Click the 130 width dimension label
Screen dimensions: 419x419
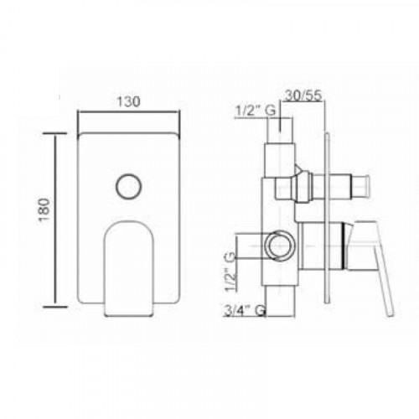(128, 102)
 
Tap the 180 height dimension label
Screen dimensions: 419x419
(44, 209)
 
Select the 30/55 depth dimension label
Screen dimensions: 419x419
(303, 96)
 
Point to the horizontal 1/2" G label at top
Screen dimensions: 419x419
(256, 111)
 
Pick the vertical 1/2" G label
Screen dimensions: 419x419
(230, 272)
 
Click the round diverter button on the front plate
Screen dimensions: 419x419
(128, 187)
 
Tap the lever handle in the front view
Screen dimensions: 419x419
(129, 269)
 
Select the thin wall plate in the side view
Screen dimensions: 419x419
(327, 218)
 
